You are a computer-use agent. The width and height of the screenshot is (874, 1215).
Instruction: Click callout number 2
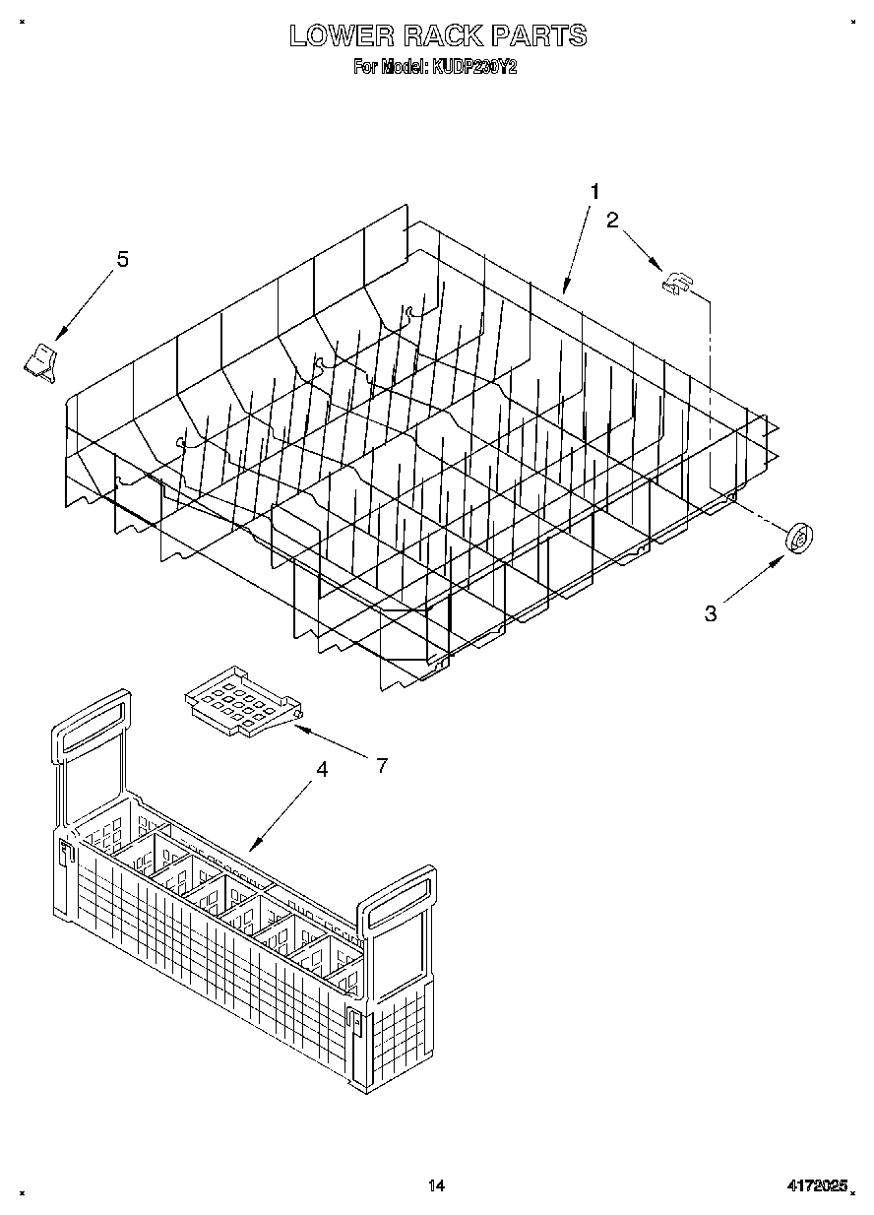pos(612,220)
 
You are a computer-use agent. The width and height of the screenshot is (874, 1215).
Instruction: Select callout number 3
pos(711,613)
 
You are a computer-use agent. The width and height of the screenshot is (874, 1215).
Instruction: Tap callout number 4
pos(322,772)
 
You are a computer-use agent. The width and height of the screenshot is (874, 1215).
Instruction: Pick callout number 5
pos(123,259)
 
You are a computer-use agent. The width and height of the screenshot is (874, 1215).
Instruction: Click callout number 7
pos(382,764)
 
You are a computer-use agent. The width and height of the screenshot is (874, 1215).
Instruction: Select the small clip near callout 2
pos(676,285)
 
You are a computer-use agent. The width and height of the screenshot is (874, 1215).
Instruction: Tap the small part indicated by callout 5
pos(40,359)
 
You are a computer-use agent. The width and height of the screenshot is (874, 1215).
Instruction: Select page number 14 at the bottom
pos(437,1186)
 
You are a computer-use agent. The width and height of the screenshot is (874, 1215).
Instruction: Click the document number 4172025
pos(817,1187)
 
